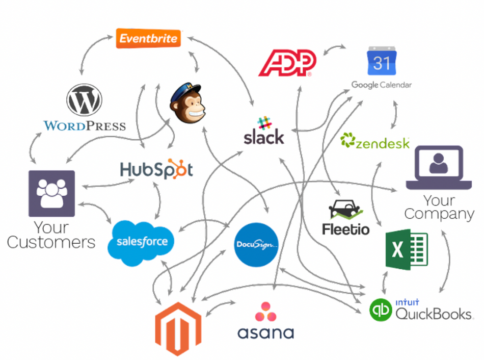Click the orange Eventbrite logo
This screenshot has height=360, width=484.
[x=148, y=38]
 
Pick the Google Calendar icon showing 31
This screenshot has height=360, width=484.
[x=382, y=61]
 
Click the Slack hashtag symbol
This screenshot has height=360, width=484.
[x=263, y=123]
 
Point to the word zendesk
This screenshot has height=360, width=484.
[x=382, y=143]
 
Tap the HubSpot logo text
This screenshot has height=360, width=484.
[x=156, y=169]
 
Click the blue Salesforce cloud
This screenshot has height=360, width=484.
[x=141, y=242]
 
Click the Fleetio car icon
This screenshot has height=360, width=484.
[x=345, y=209]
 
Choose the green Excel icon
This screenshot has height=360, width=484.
[x=406, y=250]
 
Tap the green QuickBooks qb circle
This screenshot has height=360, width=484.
[x=382, y=310]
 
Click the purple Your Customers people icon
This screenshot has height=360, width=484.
[x=51, y=194]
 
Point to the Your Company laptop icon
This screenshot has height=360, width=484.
[x=438, y=167]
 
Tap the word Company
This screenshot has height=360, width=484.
[x=439, y=214]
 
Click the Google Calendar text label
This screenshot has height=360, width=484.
[x=382, y=85]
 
